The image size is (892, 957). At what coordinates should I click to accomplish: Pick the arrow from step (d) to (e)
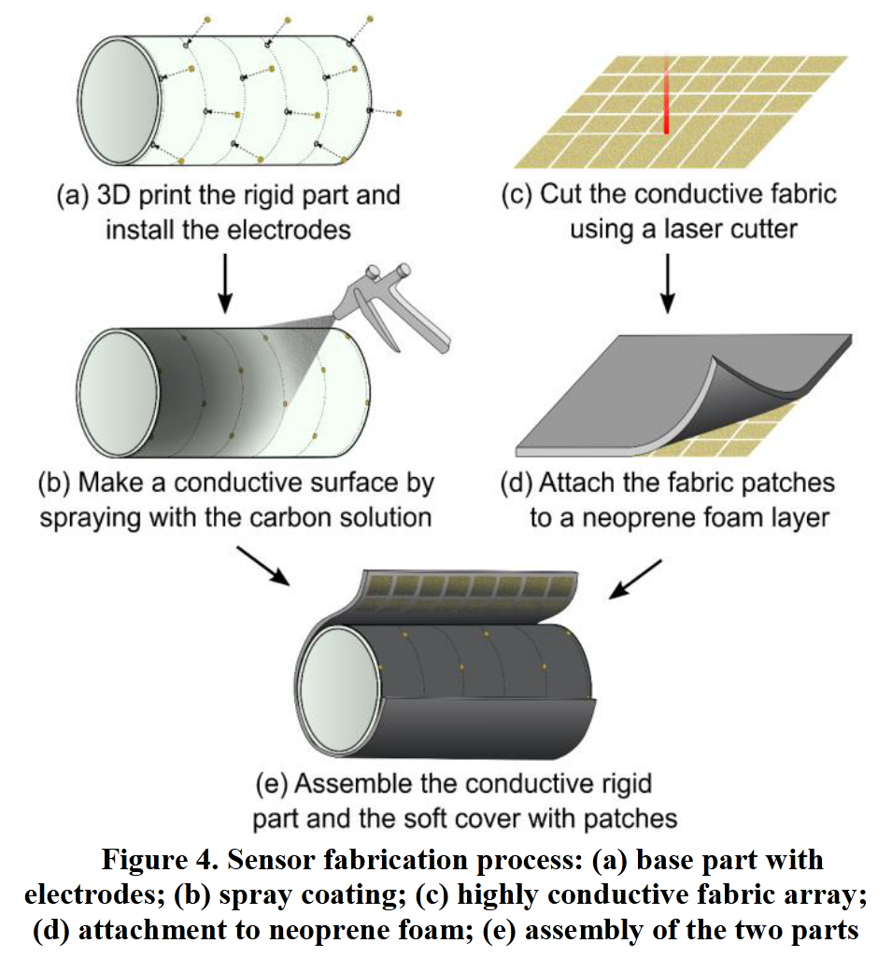tap(635, 579)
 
